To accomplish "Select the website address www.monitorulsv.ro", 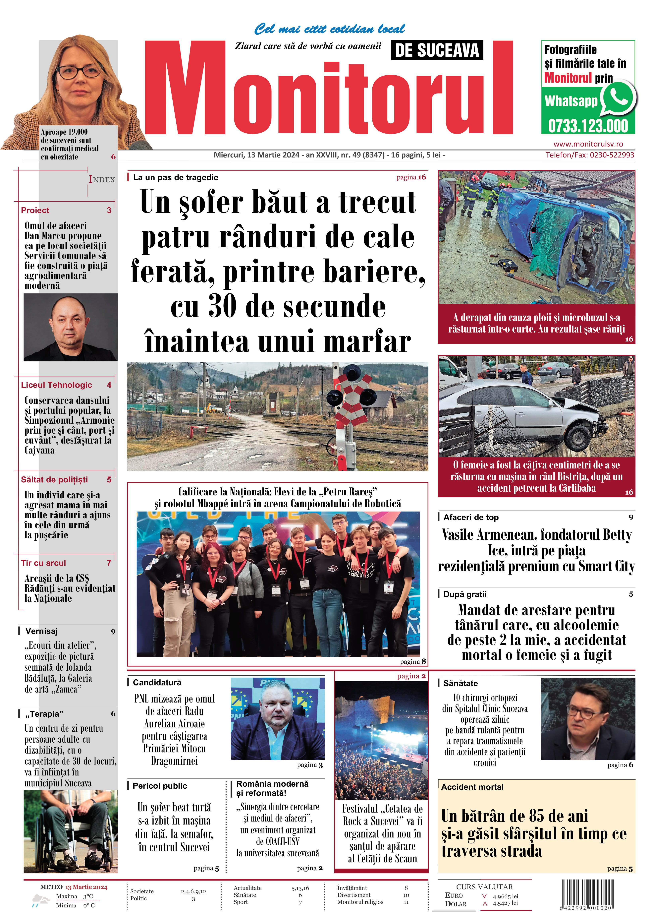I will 588,144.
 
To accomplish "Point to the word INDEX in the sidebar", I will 102,180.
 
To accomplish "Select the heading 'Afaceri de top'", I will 471,517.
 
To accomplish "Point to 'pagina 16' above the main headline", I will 411,177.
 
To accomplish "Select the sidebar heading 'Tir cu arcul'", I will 43,563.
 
